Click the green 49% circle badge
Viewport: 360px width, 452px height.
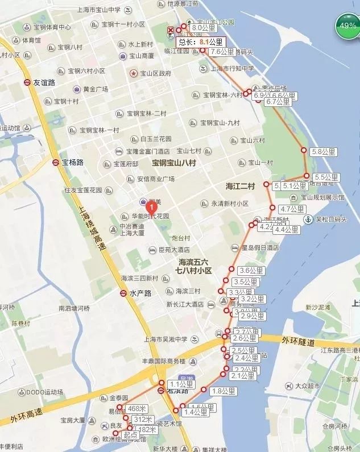(x=347, y=27)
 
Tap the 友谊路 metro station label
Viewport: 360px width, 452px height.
(x=44, y=82)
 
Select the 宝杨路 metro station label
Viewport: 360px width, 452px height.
(x=72, y=163)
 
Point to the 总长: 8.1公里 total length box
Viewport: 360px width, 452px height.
(x=201, y=42)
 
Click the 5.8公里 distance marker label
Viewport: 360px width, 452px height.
(x=324, y=151)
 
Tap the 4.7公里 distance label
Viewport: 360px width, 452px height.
(x=293, y=209)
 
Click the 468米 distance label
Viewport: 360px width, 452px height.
(x=137, y=409)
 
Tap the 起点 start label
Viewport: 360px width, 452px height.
(x=130, y=435)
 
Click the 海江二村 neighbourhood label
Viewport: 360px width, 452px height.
(x=240, y=186)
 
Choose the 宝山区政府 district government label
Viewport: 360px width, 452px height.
(x=155, y=73)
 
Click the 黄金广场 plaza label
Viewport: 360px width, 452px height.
(x=96, y=89)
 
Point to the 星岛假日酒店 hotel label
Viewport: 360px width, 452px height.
(x=260, y=248)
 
